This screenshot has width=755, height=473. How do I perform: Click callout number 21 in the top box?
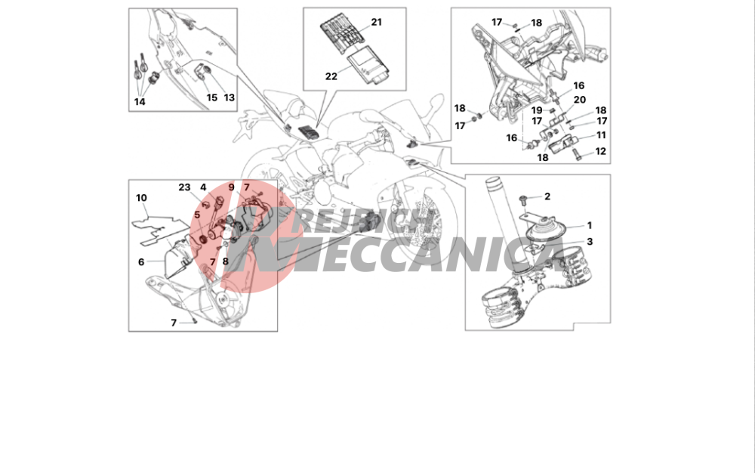(376, 22)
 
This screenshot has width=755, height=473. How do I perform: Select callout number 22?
(331, 76)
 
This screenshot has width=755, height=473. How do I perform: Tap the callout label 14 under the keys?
(140, 102)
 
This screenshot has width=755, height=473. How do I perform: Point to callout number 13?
(230, 97)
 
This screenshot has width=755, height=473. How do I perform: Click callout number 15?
(212, 97)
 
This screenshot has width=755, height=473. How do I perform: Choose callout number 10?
(141, 198)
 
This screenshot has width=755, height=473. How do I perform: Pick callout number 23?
(184, 187)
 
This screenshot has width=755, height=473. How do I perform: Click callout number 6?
(141, 262)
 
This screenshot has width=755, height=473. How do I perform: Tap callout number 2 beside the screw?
(547, 196)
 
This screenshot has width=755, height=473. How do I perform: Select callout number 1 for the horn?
(589, 225)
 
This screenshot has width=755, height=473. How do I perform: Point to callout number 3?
(590, 242)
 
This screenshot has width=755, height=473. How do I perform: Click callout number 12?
(600, 151)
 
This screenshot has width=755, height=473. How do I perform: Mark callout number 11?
(601, 135)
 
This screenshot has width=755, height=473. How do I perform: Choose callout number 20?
(580, 100)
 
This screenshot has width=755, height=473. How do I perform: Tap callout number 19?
(536, 111)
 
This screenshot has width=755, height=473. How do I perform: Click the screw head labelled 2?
(523, 199)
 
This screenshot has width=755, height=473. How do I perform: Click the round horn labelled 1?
(545, 230)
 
